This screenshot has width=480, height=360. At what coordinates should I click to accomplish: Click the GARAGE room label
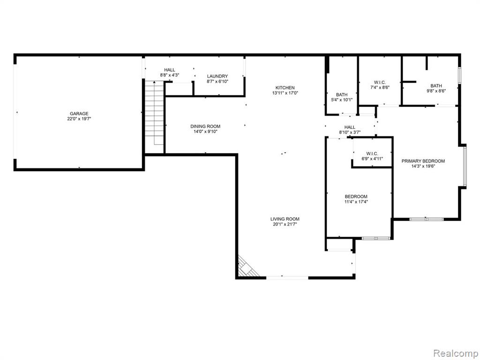[79, 113]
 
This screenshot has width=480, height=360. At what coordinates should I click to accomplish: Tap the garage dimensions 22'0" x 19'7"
[79, 119]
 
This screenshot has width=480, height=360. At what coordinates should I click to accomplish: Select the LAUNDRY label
[217, 76]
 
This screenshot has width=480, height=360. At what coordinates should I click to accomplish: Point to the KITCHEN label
[285, 88]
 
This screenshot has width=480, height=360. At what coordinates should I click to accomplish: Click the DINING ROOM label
[205, 127]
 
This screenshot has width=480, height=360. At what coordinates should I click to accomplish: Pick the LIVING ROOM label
[285, 219]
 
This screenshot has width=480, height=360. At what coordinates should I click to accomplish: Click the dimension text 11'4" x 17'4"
[356, 202]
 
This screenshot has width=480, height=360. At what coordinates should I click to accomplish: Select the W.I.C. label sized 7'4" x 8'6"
[380, 82]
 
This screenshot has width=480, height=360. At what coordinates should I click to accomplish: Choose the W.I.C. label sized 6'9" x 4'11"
[372, 153]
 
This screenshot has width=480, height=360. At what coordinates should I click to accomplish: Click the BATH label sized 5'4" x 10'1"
[342, 95]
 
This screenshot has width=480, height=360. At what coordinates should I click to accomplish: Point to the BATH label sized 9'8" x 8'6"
[436, 86]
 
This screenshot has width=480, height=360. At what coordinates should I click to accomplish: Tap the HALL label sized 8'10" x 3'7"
[350, 127]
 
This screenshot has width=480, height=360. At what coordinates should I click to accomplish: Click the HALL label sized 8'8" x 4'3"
[169, 70]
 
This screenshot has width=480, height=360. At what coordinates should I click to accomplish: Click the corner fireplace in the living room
[247, 267]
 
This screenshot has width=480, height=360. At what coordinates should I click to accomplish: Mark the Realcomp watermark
[456, 353]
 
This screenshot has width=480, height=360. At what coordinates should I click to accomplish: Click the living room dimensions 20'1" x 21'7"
[285, 225]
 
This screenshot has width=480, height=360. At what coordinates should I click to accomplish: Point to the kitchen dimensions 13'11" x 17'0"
[285, 93]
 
